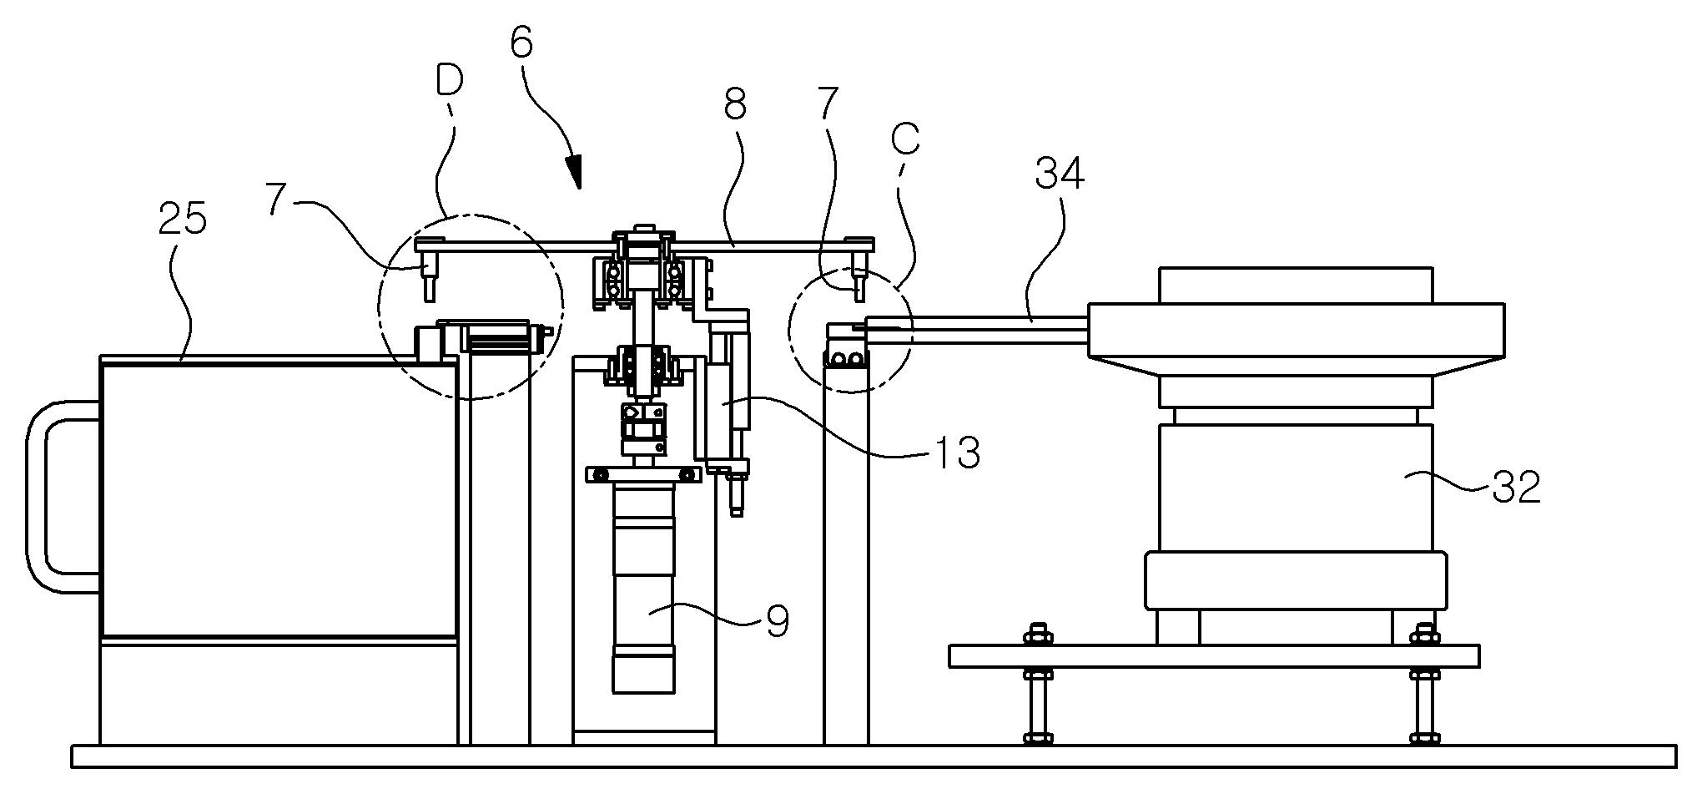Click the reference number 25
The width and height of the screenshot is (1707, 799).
(x=183, y=220)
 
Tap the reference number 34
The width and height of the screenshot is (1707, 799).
(x=1060, y=174)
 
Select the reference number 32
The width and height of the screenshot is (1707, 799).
(x=1515, y=487)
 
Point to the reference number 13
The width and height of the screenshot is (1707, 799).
(x=955, y=453)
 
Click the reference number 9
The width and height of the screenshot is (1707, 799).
(x=777, y=622)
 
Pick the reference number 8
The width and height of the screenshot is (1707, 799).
(x=735, y=106)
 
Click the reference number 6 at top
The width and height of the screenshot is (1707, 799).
(x=521, y=42)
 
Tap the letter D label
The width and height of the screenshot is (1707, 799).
(x=449, y=81)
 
